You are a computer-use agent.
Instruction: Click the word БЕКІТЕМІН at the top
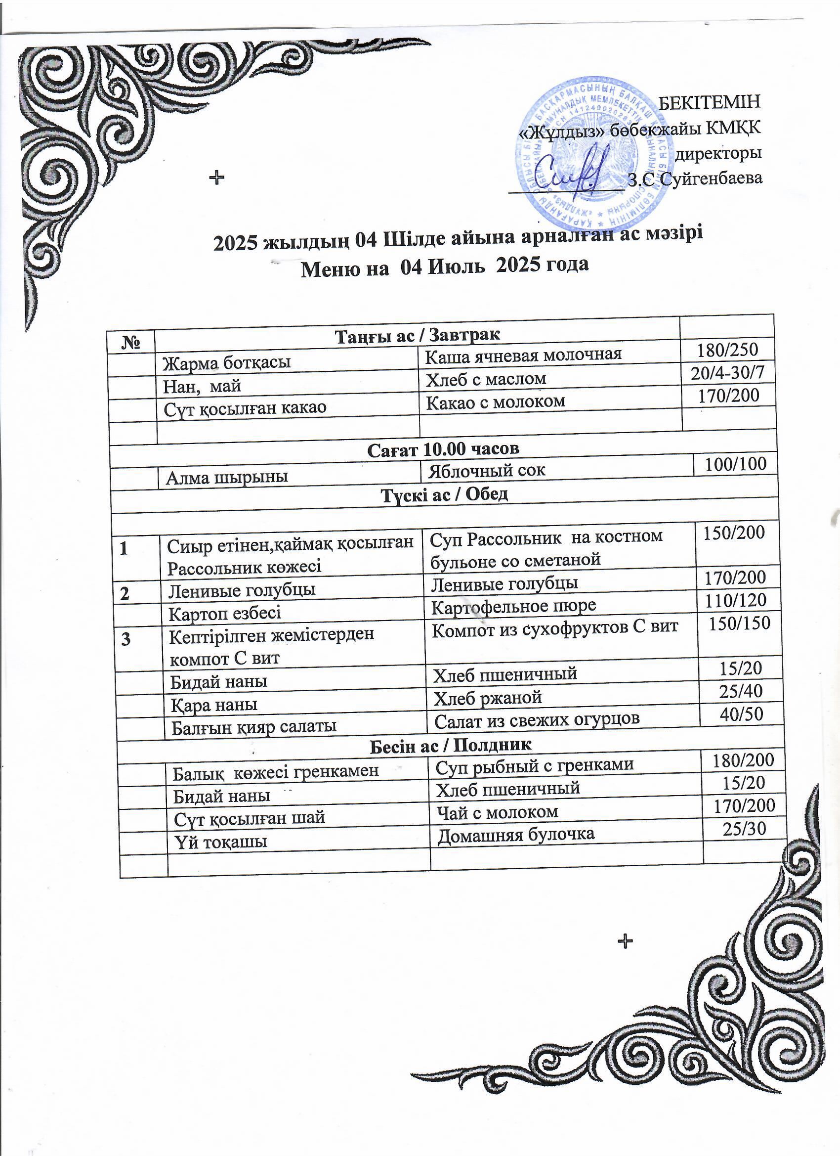(710, 101)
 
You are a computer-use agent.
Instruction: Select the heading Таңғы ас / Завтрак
(417, 335)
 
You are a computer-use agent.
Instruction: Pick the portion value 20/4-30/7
(727, 373)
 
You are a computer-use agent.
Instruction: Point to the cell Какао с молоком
(495, 401)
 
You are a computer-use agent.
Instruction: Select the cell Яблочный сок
(487, 469)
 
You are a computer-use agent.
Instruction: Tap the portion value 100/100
(735, 463)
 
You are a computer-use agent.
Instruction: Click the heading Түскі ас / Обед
(445, 493)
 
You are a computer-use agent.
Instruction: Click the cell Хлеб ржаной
(487, 697)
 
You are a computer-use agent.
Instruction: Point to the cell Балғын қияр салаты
(253, 726)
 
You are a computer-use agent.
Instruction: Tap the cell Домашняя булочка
(516, 834)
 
